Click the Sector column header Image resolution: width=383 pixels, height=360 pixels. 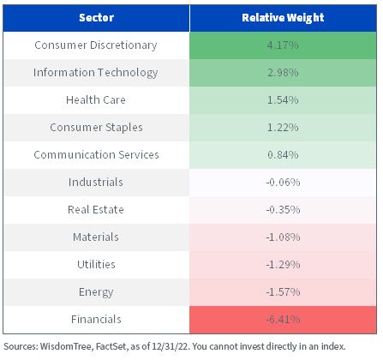96,18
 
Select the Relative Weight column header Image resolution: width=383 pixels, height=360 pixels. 283,18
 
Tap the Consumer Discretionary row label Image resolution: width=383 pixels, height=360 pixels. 96,45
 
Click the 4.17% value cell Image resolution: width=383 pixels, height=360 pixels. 283,45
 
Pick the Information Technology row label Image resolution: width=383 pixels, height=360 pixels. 96,73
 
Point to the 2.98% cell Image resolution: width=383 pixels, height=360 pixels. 283,73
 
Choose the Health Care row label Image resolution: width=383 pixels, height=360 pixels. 96,100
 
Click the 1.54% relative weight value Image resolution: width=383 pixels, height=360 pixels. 283,100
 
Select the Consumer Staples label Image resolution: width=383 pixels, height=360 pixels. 96,128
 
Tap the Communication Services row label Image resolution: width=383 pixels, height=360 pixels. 96,155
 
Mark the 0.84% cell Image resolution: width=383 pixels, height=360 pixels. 283,155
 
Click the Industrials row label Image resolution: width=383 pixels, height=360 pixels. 96,183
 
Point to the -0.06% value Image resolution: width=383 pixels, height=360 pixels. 283,183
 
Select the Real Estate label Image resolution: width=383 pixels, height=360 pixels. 96,210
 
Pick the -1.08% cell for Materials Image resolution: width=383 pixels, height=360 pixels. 283,237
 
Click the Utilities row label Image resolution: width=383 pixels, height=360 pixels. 96,265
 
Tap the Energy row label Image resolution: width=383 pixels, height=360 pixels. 96,292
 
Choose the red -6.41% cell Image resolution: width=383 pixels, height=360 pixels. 283,320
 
